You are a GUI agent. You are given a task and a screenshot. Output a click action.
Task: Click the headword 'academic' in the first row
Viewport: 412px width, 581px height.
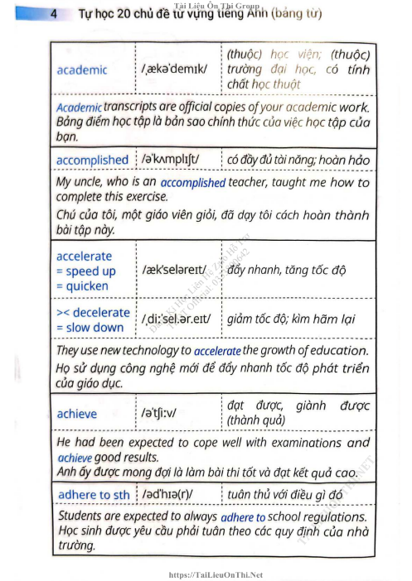pos(81,70)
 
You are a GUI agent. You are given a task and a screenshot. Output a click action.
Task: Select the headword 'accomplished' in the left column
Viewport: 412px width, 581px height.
pos(92,160)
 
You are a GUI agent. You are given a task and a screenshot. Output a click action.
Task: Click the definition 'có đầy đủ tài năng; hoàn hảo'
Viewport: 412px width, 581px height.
pos(298,160)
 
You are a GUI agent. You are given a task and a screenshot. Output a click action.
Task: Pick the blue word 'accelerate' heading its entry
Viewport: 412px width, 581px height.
pos(84,256)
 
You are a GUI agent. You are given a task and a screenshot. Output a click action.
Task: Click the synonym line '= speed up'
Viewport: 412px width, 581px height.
pos(85,271)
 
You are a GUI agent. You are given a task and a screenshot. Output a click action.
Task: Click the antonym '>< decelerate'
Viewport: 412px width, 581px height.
pos(93,312)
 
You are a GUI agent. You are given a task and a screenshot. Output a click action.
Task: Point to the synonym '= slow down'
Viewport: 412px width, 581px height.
pos(90,327)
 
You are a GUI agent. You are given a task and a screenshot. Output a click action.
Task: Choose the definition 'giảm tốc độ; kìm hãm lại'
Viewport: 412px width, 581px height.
pos(291,319)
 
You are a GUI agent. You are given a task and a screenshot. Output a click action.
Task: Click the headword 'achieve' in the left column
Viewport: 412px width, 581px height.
pos(76,413)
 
